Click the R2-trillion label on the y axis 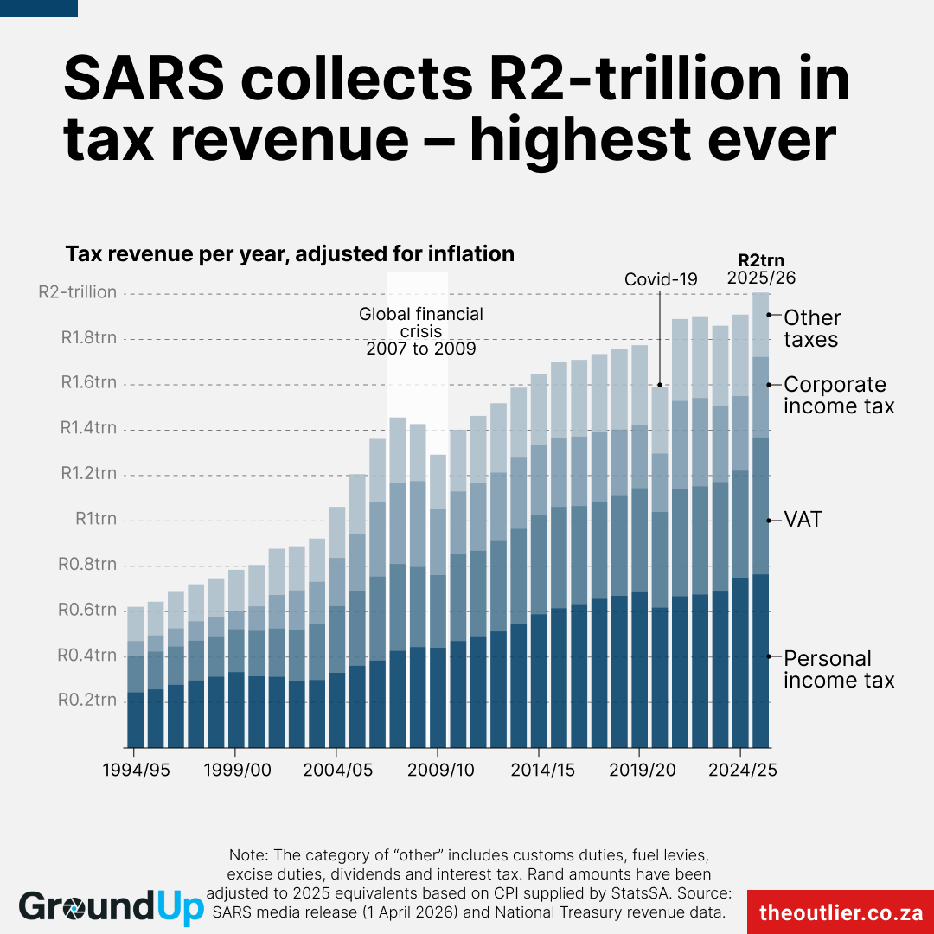click(77, 292)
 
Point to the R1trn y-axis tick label click(94, 519)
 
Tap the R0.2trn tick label click(87, 700)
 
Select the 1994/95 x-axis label click(136, 771)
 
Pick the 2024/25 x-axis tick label click(741, 771)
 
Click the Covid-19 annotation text click(661, 279)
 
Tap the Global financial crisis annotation click(421, 331)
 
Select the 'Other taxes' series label click(811, 329)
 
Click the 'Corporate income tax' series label click(838, 395)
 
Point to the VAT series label click(803, 520)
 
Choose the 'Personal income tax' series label click(838, 669)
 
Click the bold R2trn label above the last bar click(761, 260)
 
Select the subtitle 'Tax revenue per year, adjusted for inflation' click(290, 254)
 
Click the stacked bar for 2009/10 click(438, 605)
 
